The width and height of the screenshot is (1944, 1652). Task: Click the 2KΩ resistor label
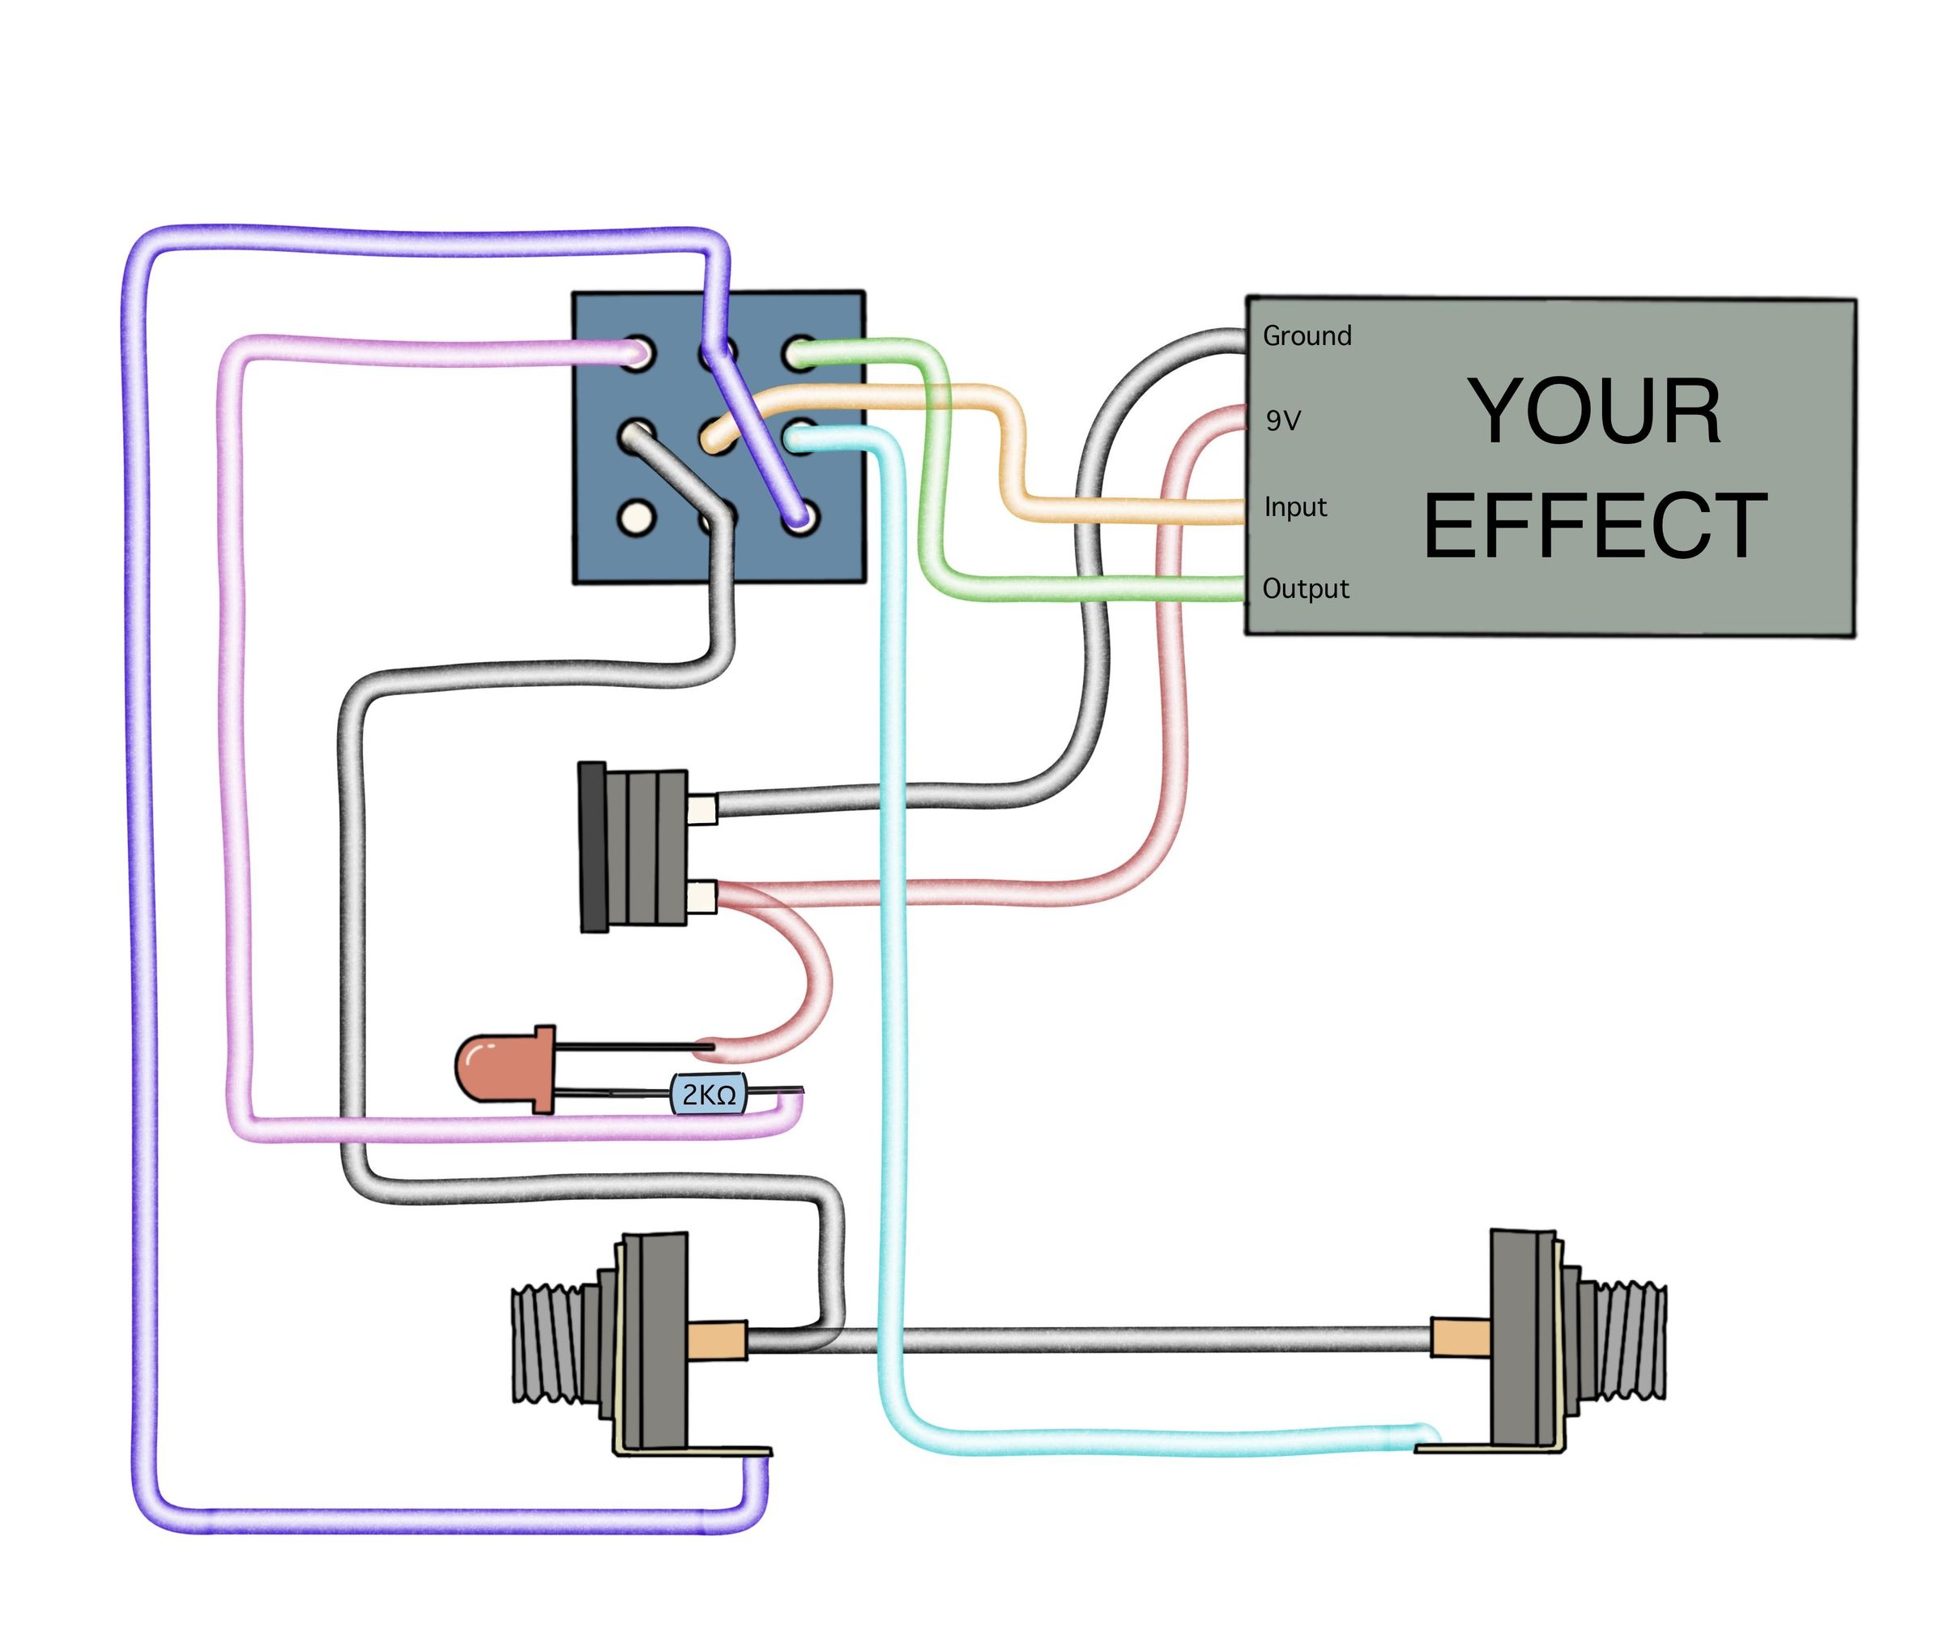click(708, 1094)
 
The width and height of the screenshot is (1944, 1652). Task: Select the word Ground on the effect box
click(1307, 335)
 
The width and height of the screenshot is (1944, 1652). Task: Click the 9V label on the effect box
click(1283, 420)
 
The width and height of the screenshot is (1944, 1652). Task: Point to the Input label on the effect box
click(1295, 506)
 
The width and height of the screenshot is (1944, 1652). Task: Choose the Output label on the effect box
click(1306, 588)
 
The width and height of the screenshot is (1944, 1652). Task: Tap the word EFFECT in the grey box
click(1594, 527)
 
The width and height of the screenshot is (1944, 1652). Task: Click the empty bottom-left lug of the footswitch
click(636, 517)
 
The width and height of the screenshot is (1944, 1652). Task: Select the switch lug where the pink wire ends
click(637, 353)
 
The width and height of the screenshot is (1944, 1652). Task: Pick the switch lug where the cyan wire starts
click(799, 435)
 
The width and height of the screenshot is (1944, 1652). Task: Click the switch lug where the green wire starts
click(799, 353)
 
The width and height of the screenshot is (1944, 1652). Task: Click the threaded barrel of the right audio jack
click(1624, 1339)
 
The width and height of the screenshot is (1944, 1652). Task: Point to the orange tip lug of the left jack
click(716, 1339)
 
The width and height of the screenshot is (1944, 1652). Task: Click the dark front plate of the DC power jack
click(593, 847)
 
